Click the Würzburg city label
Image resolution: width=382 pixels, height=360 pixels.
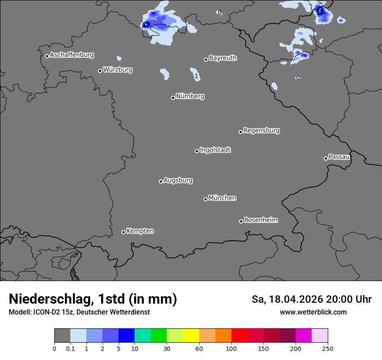(x=118, y=70)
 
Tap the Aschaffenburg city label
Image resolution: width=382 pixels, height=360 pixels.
(x=72, y=55)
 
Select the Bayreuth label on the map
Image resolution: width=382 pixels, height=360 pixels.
(x=223, y=58)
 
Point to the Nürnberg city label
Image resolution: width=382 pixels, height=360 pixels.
(x=190, y=96)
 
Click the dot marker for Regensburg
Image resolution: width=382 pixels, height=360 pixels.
(x=240, y=132)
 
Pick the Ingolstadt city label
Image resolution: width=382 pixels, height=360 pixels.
(x=215, y=150)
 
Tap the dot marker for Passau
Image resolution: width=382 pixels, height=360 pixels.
(x=326, y=158)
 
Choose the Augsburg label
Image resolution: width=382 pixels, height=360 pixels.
(x=178, y=180)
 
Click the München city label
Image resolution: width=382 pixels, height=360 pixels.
(x=222, y=198)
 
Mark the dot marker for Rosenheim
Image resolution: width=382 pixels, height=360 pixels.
(x=241, y=222)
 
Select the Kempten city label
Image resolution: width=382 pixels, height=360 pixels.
(x=140, y=231)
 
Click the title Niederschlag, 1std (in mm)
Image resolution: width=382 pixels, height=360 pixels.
(x=93, y=299)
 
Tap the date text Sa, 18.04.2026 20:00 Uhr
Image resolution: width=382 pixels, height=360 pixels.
(x=311, y=299)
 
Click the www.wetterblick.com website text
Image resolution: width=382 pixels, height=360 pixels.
(x=313, y=312)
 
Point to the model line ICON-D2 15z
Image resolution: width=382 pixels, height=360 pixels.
(x=79, y=312)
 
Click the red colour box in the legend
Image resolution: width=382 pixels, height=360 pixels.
(x=239, y=336)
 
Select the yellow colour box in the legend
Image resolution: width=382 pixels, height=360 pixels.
(x=191, y=336)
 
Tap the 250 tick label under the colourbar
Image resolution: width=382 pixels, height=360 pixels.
(x=328, y=348)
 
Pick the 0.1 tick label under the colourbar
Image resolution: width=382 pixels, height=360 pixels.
(x=70, y=348)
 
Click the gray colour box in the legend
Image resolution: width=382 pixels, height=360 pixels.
(x=62, y=336)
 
